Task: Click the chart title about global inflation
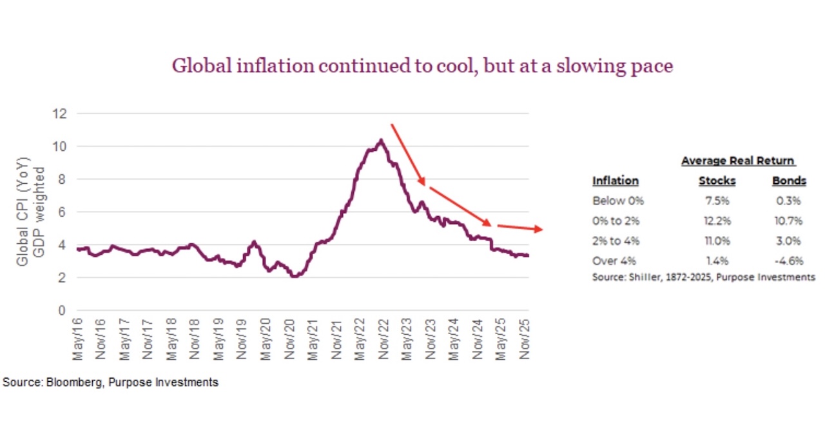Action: [x=422, y=66]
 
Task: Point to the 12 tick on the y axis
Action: [x=61, y=114]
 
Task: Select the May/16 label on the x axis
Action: [x=79, y=339]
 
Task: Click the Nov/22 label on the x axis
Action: [x=382, y=339]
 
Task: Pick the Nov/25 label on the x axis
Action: [x=523, y=339]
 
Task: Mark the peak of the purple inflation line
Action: [x=381, y=140]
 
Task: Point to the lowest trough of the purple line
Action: [x=294, y=275]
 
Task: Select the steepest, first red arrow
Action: [x=407, y=155]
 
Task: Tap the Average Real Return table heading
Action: [x=738, y=161]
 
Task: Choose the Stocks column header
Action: [x=717, y=181]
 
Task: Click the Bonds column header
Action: [x=789, y=181]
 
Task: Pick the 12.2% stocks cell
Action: [x=717, y=221]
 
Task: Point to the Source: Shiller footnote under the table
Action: [x=703, y=277]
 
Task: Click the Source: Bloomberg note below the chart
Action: [x=110, y=382]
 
